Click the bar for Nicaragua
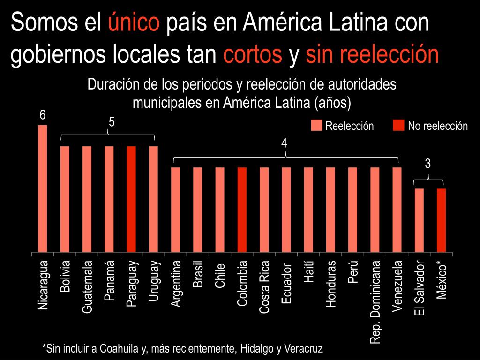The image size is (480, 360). pos(43,188)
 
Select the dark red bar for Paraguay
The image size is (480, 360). pos(131,199)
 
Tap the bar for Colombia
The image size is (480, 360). pos(242,210)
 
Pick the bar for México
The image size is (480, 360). pos(441,220)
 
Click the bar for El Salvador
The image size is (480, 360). pos(419,220)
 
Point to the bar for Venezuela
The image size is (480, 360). pos(397,210)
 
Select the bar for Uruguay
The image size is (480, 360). pos(153,199)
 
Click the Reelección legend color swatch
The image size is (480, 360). pos(317,126)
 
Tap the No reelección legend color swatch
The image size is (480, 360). pos(398,126)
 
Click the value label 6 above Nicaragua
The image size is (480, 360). pos(42,115)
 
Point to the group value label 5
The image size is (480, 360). pos(112,122)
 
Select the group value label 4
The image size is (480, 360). pos(284,143)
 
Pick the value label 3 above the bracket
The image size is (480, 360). pos(427,164)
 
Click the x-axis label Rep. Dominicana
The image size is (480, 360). pos(375,302)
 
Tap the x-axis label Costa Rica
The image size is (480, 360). pos(264,287)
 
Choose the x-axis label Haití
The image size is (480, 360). pos(308,272)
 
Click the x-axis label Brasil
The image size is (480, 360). pos(198,274)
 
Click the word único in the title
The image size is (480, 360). pos(134,22)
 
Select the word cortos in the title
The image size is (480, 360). pos(253,55)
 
